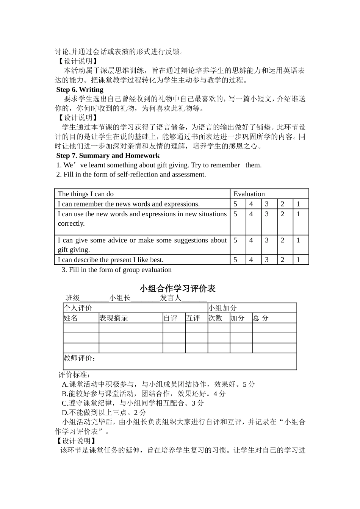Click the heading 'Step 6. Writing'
tap(80, 90)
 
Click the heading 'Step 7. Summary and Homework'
tap(108, 156)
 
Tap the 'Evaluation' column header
tap(249, 194)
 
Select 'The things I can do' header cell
tap(86, 194)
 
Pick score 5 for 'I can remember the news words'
tap(235, 204)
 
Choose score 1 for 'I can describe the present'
tap(298, 260)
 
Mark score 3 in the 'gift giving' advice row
tap(267, 240)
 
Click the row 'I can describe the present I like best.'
tap(111, 260)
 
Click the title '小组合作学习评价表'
tap(177, 289)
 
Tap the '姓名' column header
tap(71, 318)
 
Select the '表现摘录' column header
tap(114, 318)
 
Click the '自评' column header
tap(171, 318)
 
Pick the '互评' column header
tap(193, 318)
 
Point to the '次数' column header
tap(215, 318)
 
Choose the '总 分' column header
tap(261, 318)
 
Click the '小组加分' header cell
tap(222, 308)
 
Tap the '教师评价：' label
tap(80, 358)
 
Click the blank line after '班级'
tap(94, 298)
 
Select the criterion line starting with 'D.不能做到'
tap(104, 412)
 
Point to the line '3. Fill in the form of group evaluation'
tap(117, 270)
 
